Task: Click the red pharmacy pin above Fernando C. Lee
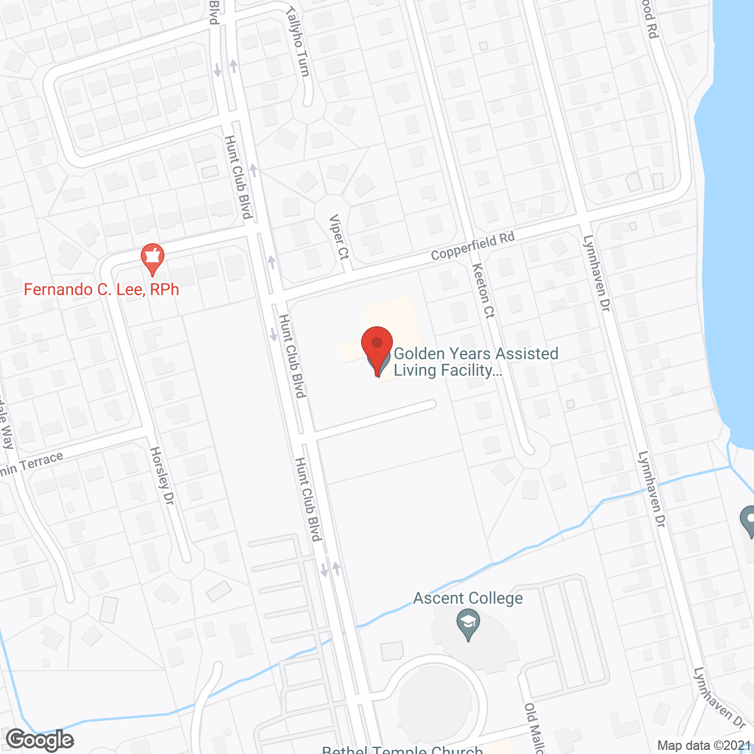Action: coord(153,258)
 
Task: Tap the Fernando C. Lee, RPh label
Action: coord(101,290)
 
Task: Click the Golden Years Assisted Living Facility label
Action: coord(476,362)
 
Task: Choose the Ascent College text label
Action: coord(468,598)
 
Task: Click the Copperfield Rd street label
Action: coord(472,246)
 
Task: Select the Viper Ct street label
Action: coord(339,237)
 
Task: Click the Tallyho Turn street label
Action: coord(298,41)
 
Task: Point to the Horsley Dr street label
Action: coord(162,475)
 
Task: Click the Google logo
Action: coord(40,740)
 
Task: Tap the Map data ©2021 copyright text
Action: coord(705,746)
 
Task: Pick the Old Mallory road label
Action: coord(534,728)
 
